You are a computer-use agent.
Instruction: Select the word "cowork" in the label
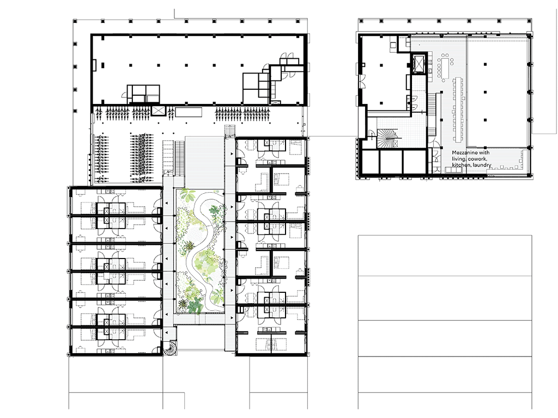pyautogui.click(x=477, y=159)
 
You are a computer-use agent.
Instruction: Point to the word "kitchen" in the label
pyautogui.click(x=461, y=165)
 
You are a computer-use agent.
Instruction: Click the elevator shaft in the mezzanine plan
pyautogui.click(x=419, y=64)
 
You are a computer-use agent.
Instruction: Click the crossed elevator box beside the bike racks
pyautogui.click(x=157, y=110)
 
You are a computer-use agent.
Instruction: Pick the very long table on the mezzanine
pyautogui.click(x=458, y=109)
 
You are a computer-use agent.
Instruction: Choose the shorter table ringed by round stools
pyautogui.click(x=445, y=67)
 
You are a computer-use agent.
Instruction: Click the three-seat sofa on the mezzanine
pyautogui.click(x=453, y=170)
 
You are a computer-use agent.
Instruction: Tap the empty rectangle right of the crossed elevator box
pyautogui.click(x=189, y=112)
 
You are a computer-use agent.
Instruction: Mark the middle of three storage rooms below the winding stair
pyautogui.click(x=391, y=162)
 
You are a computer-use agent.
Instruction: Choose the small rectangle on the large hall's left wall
pyautogui.click(x=94, y=65)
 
